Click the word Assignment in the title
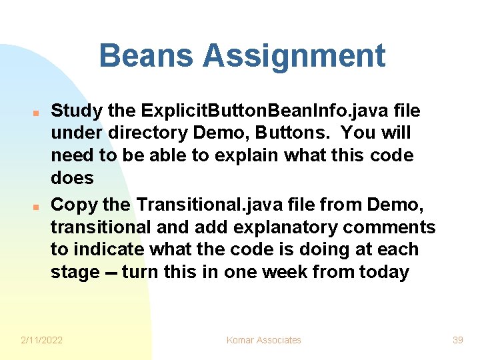[295, 56]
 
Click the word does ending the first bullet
[72, 179]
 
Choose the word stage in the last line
[75, 273]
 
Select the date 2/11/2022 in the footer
[42, 340]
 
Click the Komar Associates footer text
[264, 340]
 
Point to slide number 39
[457, 340]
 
